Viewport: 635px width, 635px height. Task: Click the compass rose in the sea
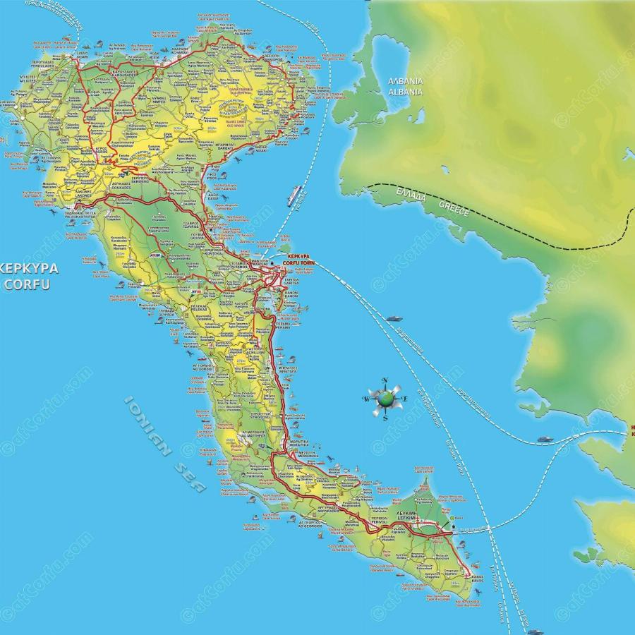[x=385, y=399]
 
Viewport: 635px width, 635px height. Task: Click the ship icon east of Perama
[x=392, y=318]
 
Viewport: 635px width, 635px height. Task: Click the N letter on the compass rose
[x=385, y=382]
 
